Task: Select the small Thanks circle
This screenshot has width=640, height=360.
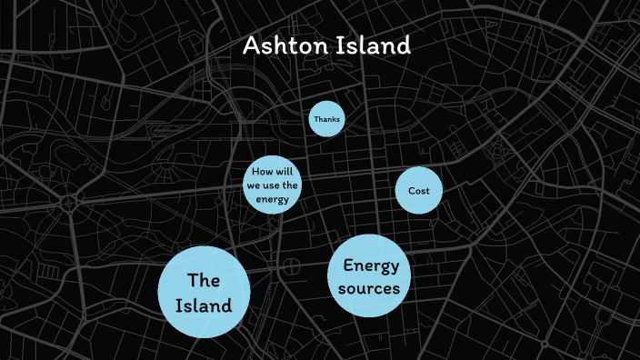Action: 326,119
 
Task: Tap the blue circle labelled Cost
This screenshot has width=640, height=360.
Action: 419,191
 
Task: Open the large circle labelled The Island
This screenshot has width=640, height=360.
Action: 204,292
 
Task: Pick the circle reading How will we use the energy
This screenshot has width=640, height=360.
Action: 271,186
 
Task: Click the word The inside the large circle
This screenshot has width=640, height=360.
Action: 204,280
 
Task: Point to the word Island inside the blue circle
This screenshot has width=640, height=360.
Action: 204,305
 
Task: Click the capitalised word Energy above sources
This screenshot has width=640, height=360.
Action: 371,265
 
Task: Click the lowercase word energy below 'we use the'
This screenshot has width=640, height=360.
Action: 272,200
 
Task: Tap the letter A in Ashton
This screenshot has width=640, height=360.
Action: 252,45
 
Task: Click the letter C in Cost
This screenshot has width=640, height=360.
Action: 411,191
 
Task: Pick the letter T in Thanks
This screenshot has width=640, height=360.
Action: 315,119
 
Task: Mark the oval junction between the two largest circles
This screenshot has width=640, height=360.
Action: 292,266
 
